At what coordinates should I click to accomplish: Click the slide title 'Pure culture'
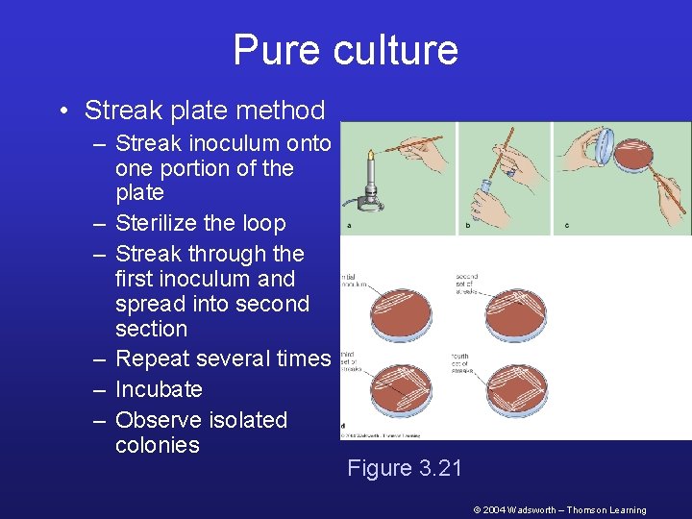coord(345,50)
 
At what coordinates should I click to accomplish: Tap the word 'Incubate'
coord(159,389)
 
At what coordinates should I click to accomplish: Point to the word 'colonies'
coord(158,445)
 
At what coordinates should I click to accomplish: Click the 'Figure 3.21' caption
coord(405,468)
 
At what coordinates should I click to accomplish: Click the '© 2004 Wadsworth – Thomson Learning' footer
coord(559,510)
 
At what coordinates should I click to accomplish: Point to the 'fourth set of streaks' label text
coord(465,363)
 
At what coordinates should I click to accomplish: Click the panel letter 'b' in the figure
coord(466,227)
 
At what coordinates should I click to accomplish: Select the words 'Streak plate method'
coord(205,111)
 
